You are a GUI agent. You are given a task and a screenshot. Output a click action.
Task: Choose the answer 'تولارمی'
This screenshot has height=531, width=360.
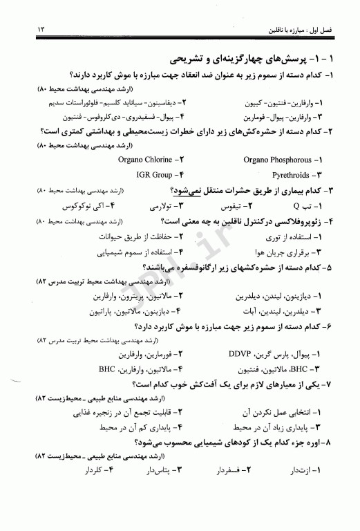[162, 206]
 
